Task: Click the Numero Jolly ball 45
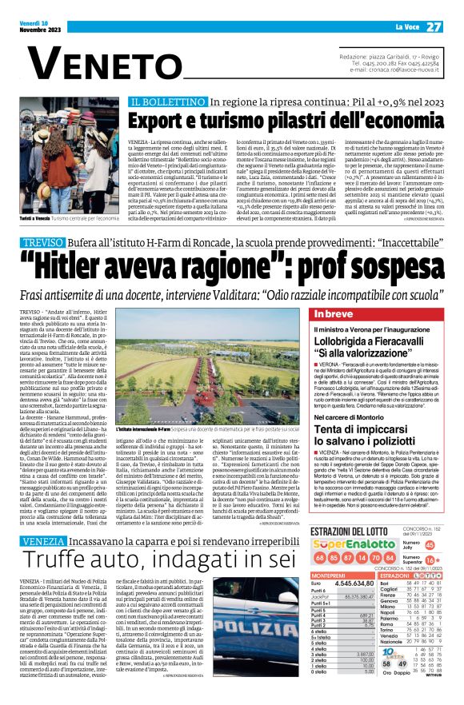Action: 431,523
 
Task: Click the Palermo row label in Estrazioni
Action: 391,619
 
